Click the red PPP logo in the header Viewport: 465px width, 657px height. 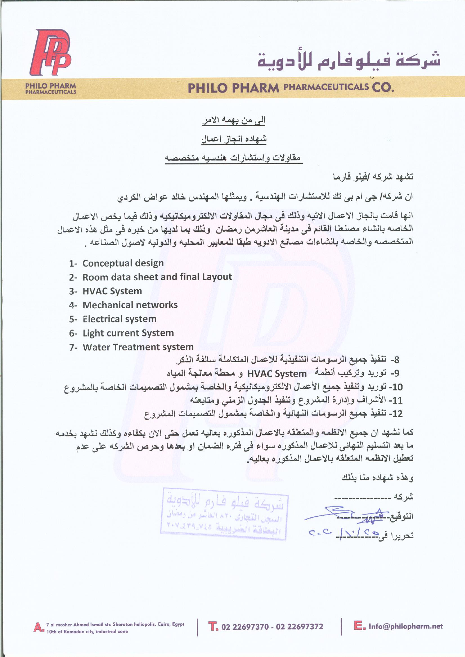point(50,53)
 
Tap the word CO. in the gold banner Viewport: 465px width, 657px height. point(383,87)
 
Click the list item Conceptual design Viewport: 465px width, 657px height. point(123,263)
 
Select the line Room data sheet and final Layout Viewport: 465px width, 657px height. point(157,277)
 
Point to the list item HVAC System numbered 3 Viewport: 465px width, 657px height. point(112,291)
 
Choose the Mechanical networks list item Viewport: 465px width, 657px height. point(130,305)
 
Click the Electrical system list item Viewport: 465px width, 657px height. point(119,319)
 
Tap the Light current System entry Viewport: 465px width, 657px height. point(128,333)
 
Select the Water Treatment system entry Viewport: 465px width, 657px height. point(138,347)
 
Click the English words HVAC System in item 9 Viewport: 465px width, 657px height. point(277,374)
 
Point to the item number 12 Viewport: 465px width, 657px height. point(396,413)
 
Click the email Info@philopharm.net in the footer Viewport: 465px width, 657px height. point(405,627)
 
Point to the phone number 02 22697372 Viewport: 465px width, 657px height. point(299,627)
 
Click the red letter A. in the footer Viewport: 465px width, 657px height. point(38,628)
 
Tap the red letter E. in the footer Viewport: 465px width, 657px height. point(359,626)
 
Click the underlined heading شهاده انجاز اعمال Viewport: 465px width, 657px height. point(234,139)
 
